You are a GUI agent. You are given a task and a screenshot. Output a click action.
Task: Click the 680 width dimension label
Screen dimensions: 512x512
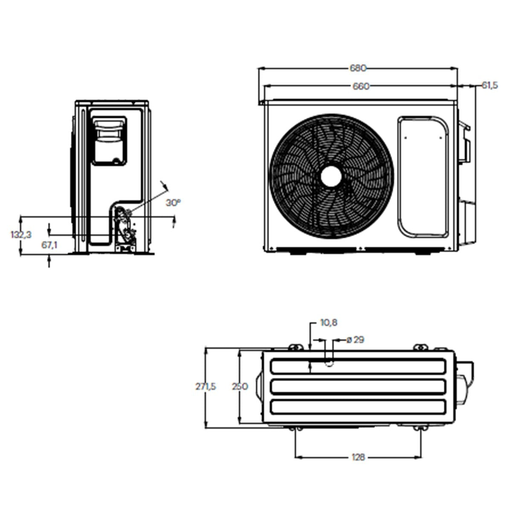(x=358, y=68)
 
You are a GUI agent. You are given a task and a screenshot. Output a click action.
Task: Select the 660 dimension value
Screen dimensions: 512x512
(x=361, y=86)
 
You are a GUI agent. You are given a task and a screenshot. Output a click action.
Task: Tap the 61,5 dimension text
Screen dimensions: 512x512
(x=489, y=85)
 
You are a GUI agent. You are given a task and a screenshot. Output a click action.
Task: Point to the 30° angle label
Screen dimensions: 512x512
(x=173, y=203)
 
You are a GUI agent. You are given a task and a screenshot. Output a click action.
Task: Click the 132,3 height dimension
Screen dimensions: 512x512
(x=21, y=234)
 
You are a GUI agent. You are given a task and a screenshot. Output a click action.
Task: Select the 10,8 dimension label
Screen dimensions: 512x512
(x=329, y=323)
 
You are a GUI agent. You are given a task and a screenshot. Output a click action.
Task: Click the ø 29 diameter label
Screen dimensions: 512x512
(x=355, y=340)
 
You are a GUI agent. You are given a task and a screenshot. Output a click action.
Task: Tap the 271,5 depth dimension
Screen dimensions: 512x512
(x=206, y=387)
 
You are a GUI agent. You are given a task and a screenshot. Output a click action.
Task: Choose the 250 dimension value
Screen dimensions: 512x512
(x=240, y=387)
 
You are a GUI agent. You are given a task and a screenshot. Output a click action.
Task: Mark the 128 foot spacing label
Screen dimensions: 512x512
(x=358, y=457)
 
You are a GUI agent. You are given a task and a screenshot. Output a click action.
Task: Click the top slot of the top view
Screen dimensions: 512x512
(x=358, y=366)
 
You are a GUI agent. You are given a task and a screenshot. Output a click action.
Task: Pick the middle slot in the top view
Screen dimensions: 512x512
(x=358, y=387)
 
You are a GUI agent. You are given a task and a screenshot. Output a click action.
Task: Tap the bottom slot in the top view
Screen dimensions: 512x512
(x=358, y=407)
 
